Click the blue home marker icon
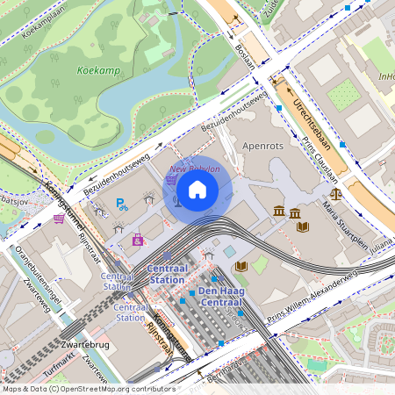[x=197, y=189]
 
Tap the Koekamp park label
[x=97, y=69]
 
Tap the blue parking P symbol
[x=122, y=205]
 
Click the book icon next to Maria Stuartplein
[x=303, y=226]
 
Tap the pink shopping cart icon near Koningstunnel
[x=59, y=219]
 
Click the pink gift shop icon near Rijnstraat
[x=138, y=239]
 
